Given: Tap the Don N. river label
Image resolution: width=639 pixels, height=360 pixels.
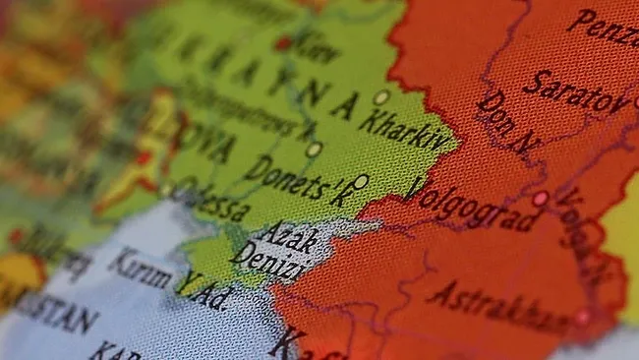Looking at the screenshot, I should coord(506,123).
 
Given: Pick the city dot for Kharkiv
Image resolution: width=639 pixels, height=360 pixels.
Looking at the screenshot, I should coord(380,97).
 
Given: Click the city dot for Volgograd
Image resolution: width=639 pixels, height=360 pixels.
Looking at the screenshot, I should coord(540,198).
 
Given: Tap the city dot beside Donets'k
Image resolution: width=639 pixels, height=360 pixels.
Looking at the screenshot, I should coord(361,182).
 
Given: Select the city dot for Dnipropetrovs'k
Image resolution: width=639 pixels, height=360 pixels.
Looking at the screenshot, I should coord(314,150).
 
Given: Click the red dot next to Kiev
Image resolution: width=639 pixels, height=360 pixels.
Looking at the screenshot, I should coord(283,43).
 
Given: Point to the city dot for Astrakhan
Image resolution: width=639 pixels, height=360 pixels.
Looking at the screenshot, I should coord(582,317).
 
